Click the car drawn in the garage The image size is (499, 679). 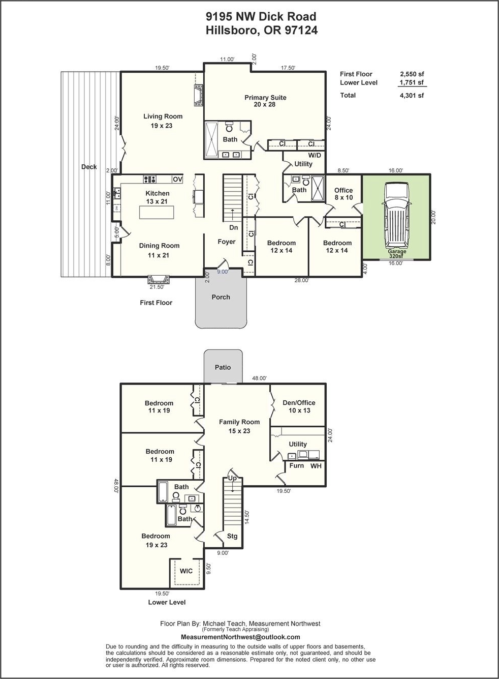[396, 216]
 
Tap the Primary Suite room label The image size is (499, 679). [265, 101]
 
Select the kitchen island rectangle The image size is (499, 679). [157, 212]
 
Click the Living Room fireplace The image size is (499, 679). [199, 95]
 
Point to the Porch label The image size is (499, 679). [221, 297]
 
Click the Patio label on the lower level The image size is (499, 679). [223, 367]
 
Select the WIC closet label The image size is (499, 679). [186, 571]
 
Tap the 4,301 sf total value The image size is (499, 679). [412, 96]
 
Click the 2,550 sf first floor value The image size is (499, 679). [412, 74]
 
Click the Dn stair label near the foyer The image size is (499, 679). [233, 227]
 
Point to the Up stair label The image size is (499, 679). [232, 478]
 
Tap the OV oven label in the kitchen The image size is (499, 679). [178, 180]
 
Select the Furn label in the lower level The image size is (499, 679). [296, 465]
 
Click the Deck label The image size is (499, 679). [89, 167]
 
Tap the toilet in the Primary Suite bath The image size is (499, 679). [229, 127]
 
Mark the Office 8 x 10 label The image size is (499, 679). [344, 194]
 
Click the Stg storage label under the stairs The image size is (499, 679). [232, 536]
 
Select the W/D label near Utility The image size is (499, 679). [315, 155]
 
